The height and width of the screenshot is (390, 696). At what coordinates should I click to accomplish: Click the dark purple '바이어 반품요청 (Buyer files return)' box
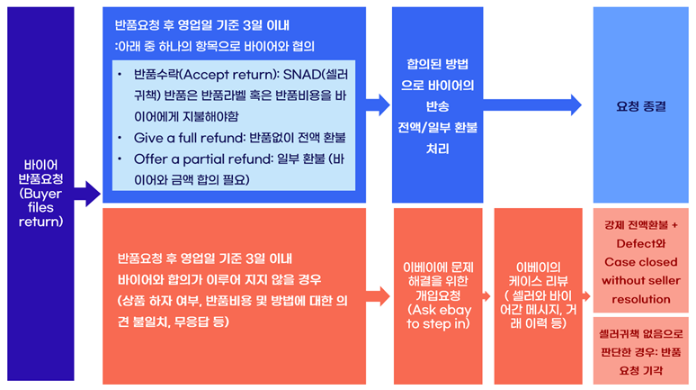point(40,194)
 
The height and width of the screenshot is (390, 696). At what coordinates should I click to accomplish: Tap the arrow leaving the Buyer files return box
point(87,194)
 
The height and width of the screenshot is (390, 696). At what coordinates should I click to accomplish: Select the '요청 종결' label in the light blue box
point(641,106)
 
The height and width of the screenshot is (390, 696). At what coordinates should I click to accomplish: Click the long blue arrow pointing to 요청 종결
point(532,105)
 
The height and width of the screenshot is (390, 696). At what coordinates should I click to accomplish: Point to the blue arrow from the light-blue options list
point(378,105)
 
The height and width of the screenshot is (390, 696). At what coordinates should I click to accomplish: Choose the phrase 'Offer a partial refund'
point(203,159)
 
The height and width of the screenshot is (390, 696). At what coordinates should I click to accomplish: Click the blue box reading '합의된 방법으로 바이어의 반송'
point(437,105)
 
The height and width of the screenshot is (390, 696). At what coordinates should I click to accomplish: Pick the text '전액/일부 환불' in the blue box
point(437,128)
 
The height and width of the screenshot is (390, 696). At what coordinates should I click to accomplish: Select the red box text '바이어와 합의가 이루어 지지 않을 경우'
point(219,280)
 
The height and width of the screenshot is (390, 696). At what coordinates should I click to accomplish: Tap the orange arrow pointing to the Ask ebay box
point(378,296)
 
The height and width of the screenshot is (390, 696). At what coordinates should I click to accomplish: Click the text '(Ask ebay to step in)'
point(438,317)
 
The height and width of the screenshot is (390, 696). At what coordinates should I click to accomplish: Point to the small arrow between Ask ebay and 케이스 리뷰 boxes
point(486,296)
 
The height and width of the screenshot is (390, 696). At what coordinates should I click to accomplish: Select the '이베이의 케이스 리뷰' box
point(538,296)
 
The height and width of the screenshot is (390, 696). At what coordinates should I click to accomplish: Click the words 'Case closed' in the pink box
point(641,262)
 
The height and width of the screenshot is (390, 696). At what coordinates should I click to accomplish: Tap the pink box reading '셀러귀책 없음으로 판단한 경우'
point(641,351)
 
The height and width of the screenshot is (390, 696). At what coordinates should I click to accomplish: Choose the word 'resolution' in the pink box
point(641,299)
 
